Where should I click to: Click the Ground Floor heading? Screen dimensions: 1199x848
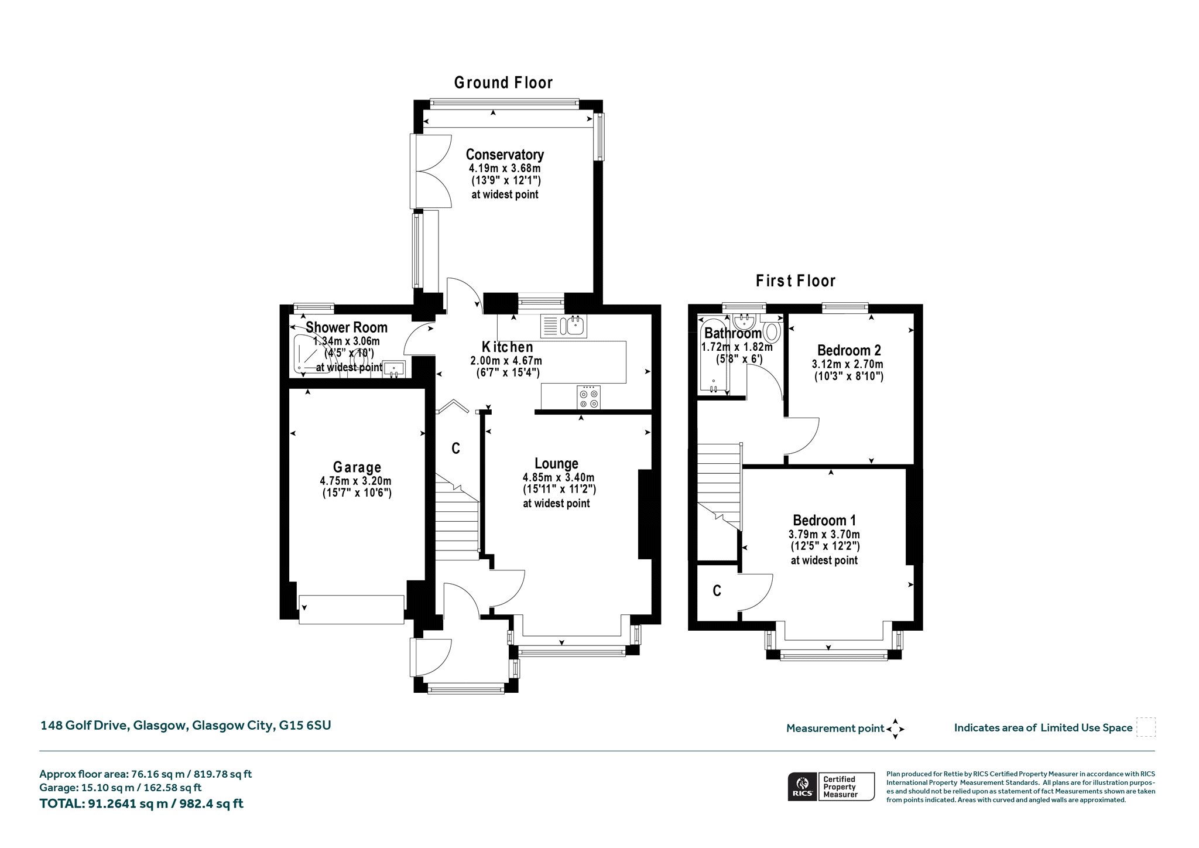(x=503, y=83)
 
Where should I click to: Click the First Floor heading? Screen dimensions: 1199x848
(x=796, y=281)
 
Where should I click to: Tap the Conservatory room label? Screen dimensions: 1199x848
(x=505, y=155)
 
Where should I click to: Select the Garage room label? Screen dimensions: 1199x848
(x=357, y=467)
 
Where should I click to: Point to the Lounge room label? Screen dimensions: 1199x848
(x=556, y=464)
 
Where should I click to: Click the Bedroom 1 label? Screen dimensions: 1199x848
(x=824, y=520)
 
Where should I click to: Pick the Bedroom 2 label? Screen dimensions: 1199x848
(x=849, y=350)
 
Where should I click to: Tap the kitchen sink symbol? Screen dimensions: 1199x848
(x=564, y=326)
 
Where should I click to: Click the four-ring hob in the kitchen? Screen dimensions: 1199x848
(x=588, y=397)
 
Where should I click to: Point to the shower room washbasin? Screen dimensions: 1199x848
(x=394, y=368)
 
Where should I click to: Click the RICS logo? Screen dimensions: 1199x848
(x=803, y=787)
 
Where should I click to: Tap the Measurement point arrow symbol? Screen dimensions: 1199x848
(x=895, y=729)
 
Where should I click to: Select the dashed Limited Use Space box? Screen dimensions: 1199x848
(x=1146, y=727)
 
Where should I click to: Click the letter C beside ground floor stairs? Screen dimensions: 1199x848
(x=455, y=449)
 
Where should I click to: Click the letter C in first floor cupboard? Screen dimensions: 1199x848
(x=717, y=591)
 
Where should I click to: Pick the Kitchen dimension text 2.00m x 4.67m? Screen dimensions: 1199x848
(x=506, y=361)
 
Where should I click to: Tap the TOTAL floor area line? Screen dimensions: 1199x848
(x=141, y=803)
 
